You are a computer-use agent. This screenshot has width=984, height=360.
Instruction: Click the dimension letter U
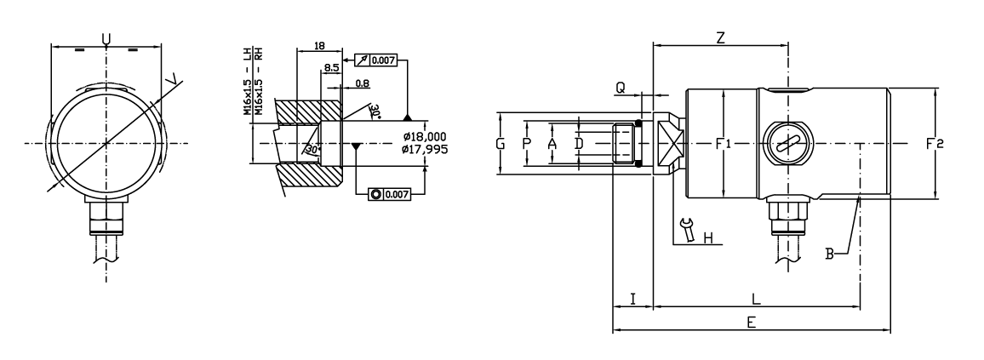106,38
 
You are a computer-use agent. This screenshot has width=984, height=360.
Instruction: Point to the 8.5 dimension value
331,67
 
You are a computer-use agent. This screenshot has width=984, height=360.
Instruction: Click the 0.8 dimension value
362,83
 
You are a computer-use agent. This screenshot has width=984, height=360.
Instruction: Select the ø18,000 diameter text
426,136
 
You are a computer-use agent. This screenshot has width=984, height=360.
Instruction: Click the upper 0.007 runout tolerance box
377,60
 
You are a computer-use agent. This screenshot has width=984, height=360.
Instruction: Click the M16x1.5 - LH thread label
247,81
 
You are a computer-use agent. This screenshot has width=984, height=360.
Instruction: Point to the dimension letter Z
720,38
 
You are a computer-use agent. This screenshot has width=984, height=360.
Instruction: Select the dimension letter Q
621,87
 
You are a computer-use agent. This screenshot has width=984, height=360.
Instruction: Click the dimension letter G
501,144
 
